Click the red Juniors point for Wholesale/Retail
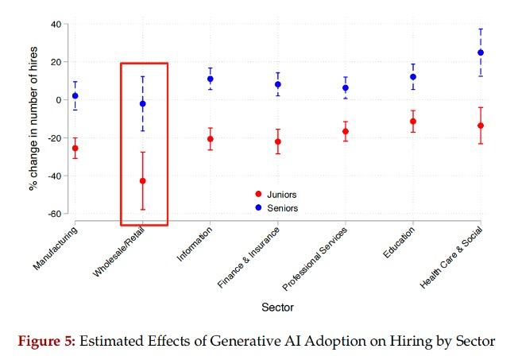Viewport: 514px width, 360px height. pyautogui.click(x=143, y=181)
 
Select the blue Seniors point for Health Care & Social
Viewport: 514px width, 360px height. pyautogui.click(x=481, y=52)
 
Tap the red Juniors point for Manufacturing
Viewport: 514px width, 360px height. pyautogui.click(x=75, y=148)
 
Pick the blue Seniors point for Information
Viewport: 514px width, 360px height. pyautogui.click(x=211, y=79)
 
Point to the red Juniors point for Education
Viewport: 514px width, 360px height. pyautogui.click(x=413, y=122)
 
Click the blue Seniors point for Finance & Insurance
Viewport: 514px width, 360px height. pyautogui.click(x=278, y=84)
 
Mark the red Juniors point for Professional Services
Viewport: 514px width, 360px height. pyautogui.click(x=346, y=131)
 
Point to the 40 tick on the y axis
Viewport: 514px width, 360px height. pyautogui.click(x=56, y=24)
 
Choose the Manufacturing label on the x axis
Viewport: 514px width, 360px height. pyautogui.click(x=56, y=248)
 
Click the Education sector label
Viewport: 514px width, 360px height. pyautogui.click(x=397, y=242)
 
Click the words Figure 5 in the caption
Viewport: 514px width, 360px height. pyautogui.click(x=47, y=342)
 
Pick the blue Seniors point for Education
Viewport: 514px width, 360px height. pyautogui.click(x=413, y=77)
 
